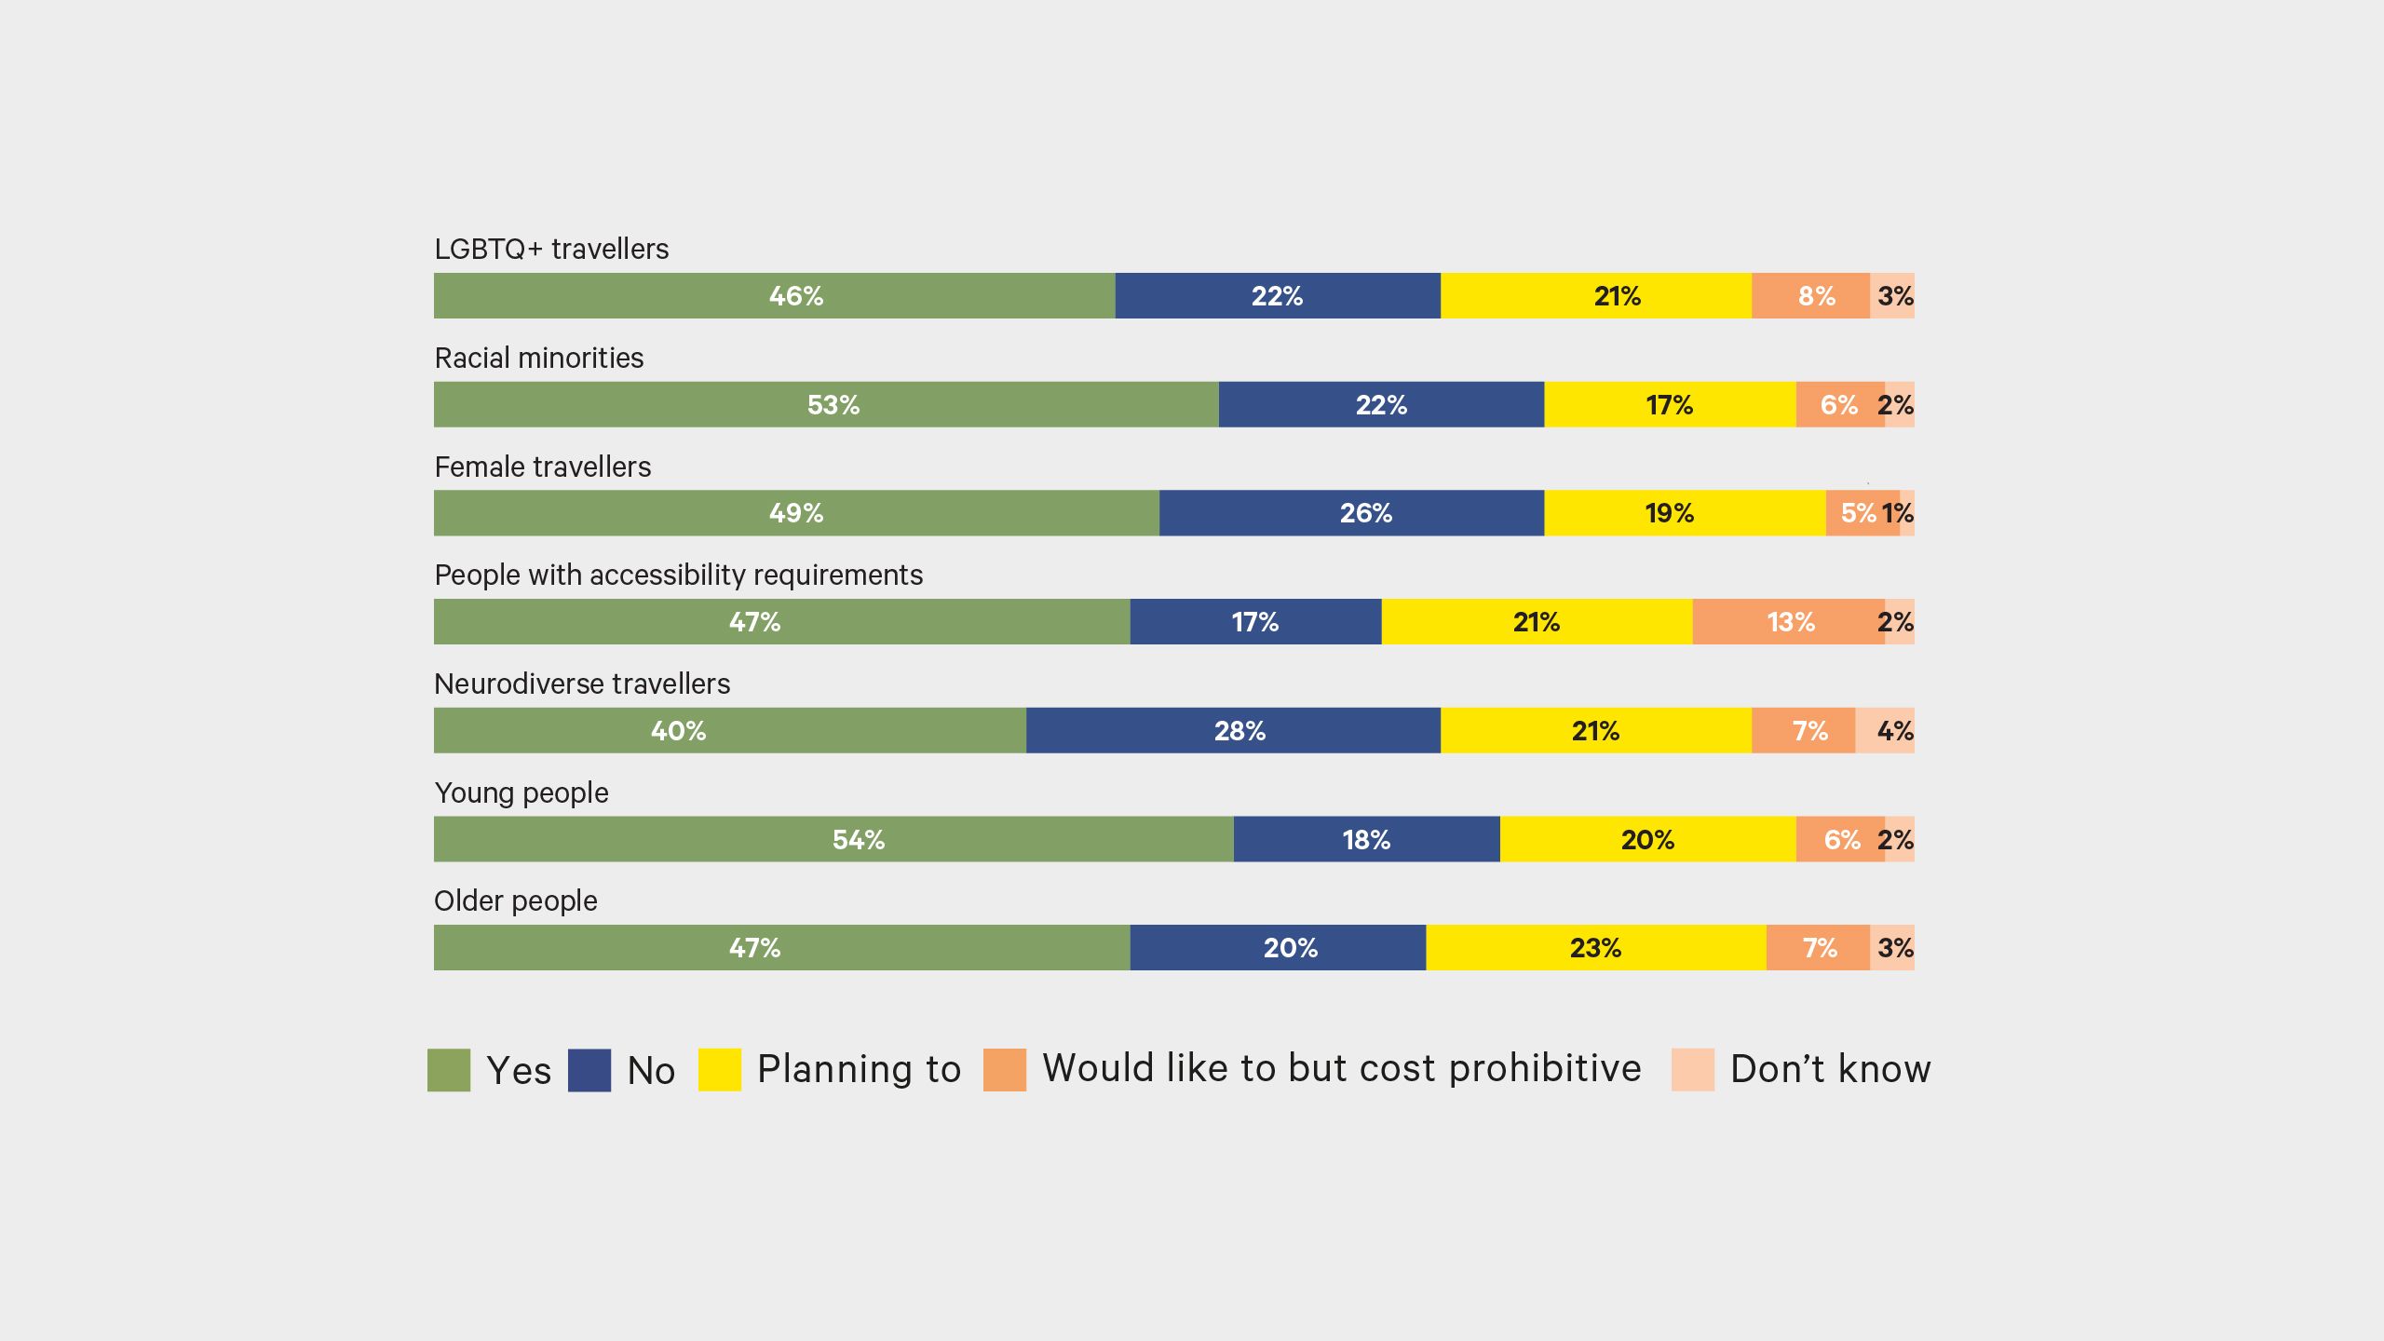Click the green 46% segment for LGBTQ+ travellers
point(774,296)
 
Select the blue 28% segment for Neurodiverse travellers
point(1233,731)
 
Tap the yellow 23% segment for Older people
point(1595,948)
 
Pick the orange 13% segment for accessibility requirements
point(1788,622)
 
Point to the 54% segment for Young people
point(833,840)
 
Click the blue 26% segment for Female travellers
point(1351,513)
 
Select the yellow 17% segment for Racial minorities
point(1670,405)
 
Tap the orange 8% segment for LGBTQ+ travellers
point(1810,296)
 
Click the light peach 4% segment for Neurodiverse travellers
point(1885,731)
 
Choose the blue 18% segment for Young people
point(1366,840)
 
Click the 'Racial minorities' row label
point(539,359)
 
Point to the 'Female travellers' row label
point(543,467)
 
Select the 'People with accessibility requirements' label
point(679,576)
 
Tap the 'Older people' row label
point(516,901)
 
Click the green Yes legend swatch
point(449,1070)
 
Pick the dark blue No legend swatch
point(589,1070)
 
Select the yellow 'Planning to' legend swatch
point(720,1070)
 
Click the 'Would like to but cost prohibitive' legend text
point(1341,1069)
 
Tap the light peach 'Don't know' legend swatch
point(1692,1070)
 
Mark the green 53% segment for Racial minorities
point(826,405)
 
